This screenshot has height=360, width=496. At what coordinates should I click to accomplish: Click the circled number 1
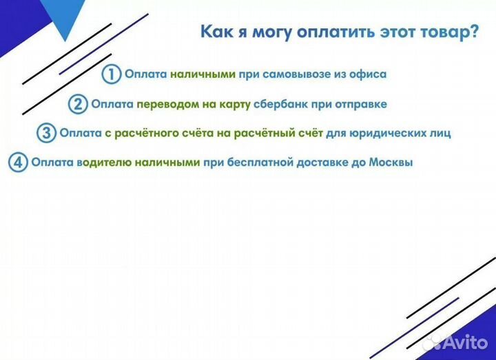(111, 74)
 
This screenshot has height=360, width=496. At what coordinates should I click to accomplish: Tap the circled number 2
(78, 105)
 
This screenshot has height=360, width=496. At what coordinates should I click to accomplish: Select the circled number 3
(46, 134)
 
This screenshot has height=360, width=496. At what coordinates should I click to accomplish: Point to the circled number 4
(18, 164)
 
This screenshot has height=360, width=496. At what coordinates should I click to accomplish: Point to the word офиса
(368, 74)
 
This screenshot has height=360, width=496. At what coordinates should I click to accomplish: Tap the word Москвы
(391, 164)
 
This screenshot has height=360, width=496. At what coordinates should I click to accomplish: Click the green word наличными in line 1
(203, 74)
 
